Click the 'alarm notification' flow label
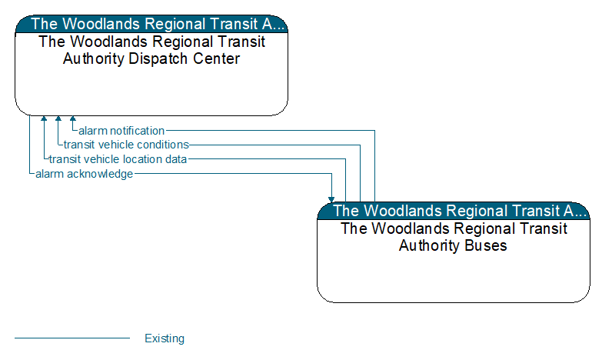tap(121, 131)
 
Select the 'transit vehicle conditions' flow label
tap(126, 145)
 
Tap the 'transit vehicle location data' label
tap(118, 159)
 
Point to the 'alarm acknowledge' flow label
tap(84, 174)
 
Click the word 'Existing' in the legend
tap(165, 338)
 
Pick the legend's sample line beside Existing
tap(72, 338)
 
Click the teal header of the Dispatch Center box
tap(151, 24)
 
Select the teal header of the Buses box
tap(454, 211)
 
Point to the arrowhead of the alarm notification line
tap(73, 119)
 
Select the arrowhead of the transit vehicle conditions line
tap(58, 119)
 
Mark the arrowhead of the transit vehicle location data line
tap(44, 119)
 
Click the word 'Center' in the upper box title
tap(218, 58)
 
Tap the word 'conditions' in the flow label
tap(163, 145)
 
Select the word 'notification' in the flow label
tap(137, 131)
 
